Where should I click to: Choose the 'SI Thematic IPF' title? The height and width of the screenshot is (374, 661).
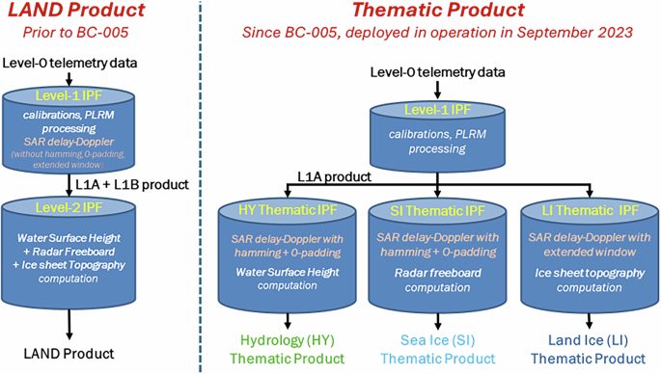(x=432, y=212)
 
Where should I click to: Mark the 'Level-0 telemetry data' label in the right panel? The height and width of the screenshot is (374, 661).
(x=440, y=71)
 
